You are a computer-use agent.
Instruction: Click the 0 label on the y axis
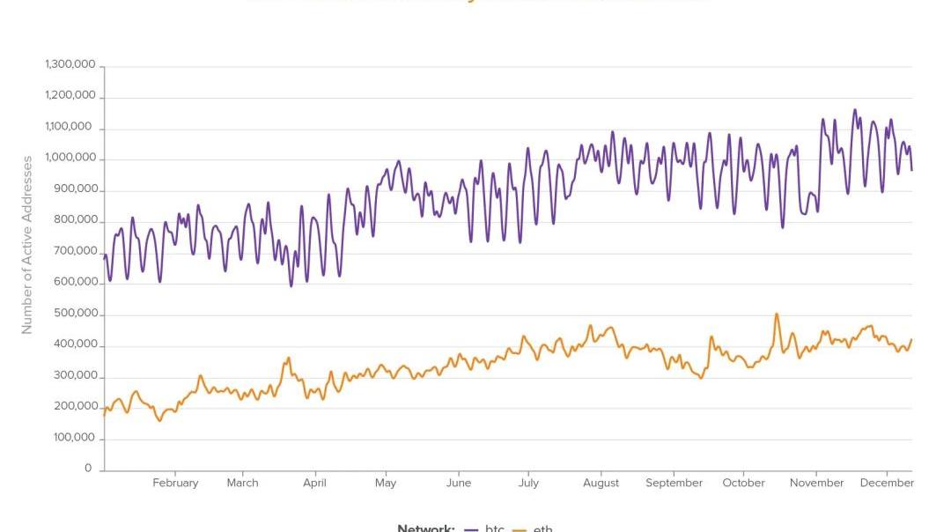coord(88,469)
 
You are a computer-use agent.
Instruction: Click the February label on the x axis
coord(175,483)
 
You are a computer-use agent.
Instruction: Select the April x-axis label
coord(314,483)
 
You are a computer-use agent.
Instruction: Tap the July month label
coord(528,483)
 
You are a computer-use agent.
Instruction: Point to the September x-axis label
coord(674,483)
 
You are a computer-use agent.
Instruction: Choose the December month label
coord(887,483)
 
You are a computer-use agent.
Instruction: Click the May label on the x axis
coord(386,483)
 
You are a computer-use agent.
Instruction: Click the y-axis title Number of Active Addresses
coord(27,245)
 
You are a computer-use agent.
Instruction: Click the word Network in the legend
coord(425,528)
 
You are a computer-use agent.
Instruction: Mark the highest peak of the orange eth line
coord(777,314)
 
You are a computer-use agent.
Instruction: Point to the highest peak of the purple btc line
coord(854,110)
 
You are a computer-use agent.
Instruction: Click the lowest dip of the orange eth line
coord(160,420)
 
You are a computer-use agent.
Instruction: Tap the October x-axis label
coord(744,483)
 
